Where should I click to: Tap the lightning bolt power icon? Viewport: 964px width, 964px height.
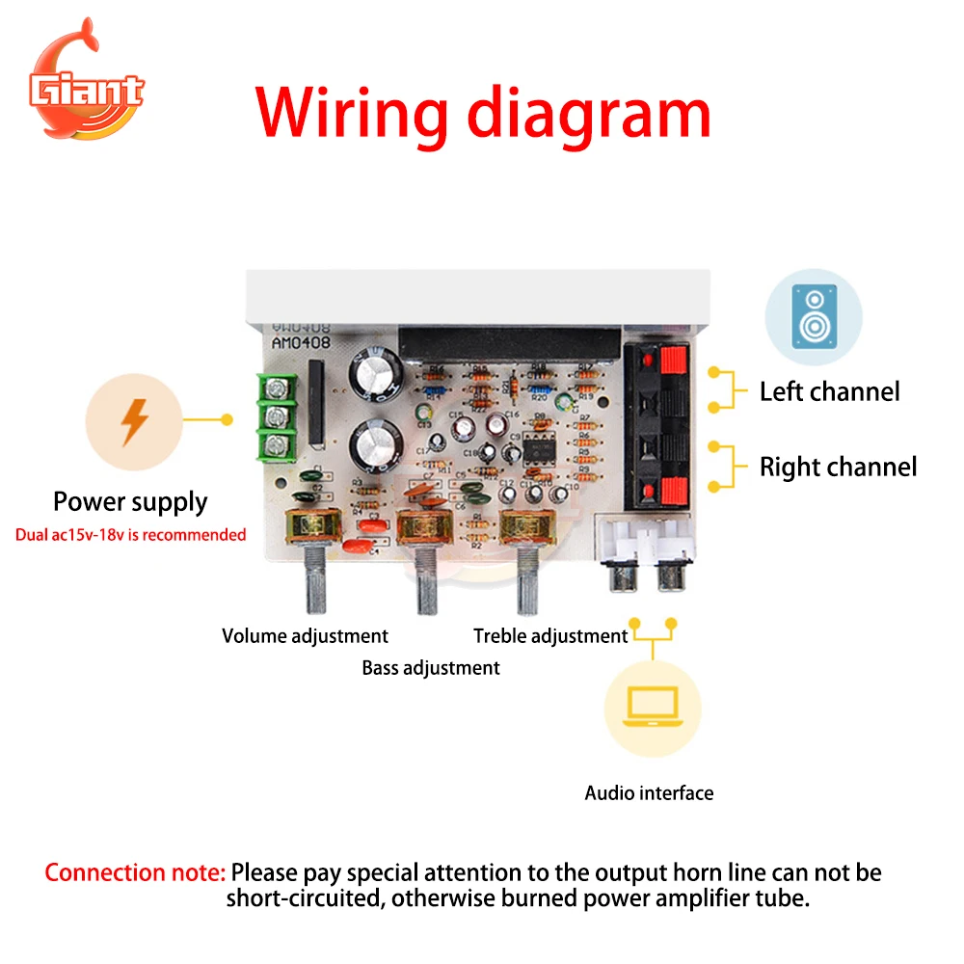(134, 420)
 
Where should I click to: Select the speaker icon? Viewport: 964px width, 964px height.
(813, 317)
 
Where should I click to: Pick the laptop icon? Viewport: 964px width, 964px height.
(653, 708)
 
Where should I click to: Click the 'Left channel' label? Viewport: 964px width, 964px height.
(829, 391)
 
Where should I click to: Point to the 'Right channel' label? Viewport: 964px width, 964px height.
(838, 468)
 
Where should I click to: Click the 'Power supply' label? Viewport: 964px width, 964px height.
(130, 501)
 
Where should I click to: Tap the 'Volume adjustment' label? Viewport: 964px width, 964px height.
(305, 636)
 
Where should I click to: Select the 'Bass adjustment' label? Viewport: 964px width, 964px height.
(431, 667)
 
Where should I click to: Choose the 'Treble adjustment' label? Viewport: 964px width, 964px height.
(550, 636)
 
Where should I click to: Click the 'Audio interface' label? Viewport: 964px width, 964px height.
(649, 793)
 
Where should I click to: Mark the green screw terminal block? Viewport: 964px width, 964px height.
(277, 415)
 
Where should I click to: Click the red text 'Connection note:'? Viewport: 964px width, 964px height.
(135, 873)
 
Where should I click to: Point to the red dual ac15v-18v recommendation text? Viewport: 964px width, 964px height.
(130, 534)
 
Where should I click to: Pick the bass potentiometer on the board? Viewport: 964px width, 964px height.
(424, 537)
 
